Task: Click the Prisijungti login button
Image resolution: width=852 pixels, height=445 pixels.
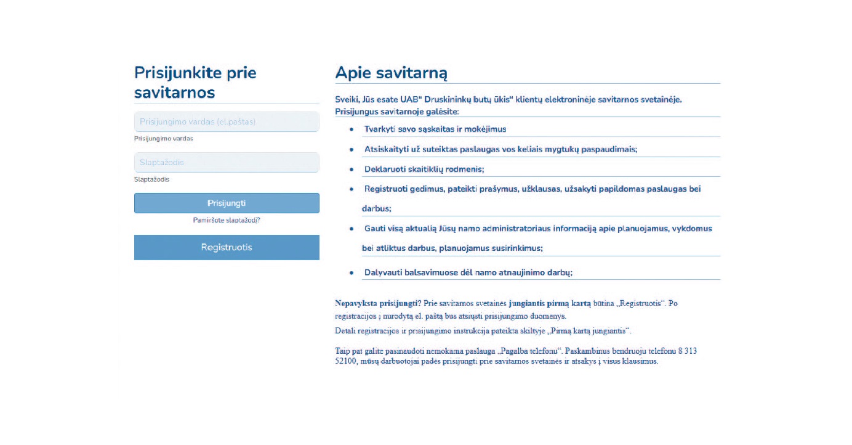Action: [x=227, y=203]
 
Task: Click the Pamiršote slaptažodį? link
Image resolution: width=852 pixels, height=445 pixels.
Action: [x=227, y=220]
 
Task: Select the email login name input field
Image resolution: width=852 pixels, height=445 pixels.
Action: [x=227, y=122]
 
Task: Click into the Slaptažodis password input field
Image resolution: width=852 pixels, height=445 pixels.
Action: [x=227, y=163]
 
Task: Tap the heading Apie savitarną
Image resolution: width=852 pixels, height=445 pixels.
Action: [x=391, y=73]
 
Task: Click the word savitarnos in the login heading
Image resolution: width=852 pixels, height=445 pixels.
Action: [x=175, y=92]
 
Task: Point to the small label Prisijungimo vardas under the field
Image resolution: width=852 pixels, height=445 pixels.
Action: [x=164, y=139]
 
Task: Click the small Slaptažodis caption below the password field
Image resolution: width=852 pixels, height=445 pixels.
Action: [x=152, y=179]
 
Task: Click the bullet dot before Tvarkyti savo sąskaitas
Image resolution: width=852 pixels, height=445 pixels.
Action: [x=352, y=130]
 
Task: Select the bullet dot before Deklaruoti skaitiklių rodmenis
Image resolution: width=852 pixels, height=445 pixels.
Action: [x=352, y=169]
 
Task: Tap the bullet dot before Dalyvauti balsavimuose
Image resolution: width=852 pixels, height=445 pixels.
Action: [x=352, y=273]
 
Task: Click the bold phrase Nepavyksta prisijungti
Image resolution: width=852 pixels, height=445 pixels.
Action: [x=376, y=303]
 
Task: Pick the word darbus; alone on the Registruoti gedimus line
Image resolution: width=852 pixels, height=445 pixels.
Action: [x=377, y=208]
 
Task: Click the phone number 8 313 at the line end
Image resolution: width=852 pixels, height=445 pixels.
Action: [x=688, y=351]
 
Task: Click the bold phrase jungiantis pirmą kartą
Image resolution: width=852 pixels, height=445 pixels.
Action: [x=550, y=303]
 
